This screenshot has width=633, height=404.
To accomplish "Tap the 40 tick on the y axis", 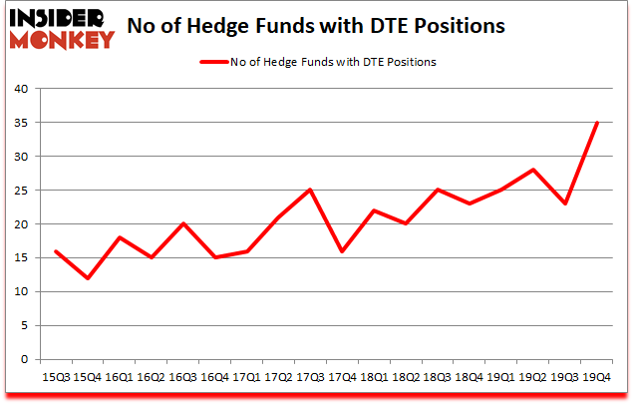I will (22, 89).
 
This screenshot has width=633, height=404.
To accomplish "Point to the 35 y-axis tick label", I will (22, 123).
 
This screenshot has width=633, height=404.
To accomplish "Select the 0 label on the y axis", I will (26, 359).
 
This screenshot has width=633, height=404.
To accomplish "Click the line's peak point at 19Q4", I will (596, 123).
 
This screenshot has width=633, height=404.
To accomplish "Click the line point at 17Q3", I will (309, 190).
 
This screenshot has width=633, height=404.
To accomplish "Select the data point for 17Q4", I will (341, 251).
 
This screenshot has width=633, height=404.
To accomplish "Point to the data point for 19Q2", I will (532, 170).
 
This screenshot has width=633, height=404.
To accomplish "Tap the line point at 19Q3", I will (564, 203).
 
